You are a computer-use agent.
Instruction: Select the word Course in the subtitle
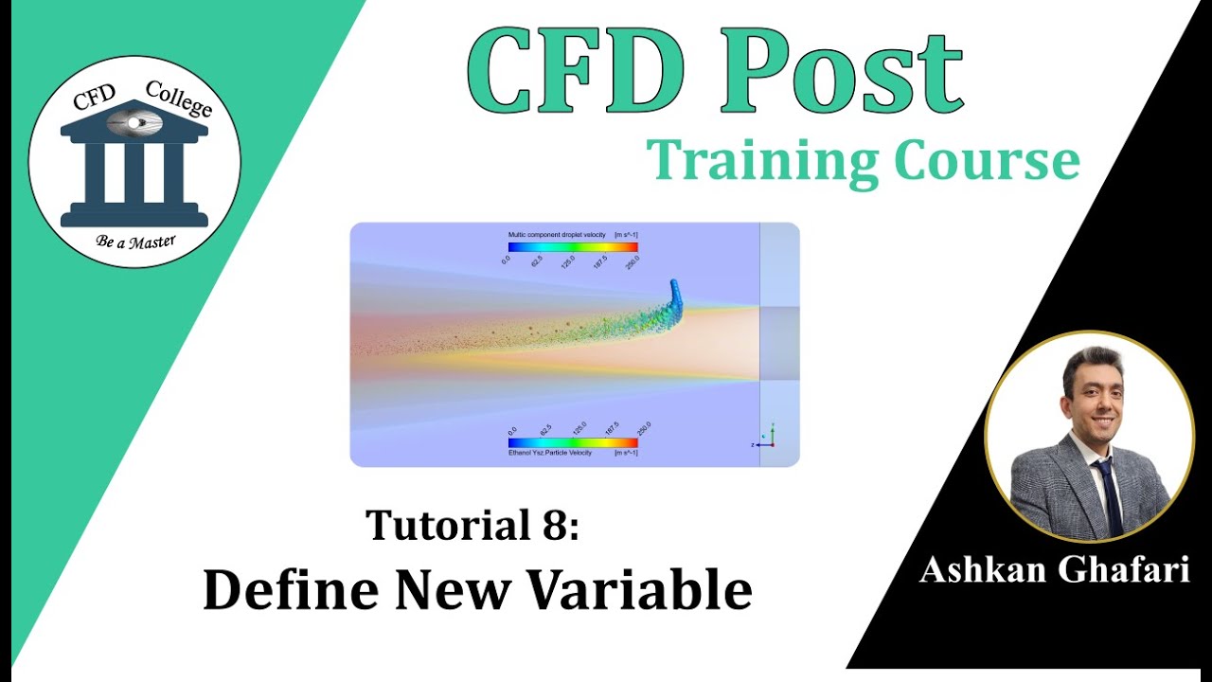tap(985, 161)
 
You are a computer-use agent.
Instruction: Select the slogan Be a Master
tap(135, 241)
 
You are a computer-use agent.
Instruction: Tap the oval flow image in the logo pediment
tap(134, 122)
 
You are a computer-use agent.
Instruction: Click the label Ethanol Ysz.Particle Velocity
tap(549, 453)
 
